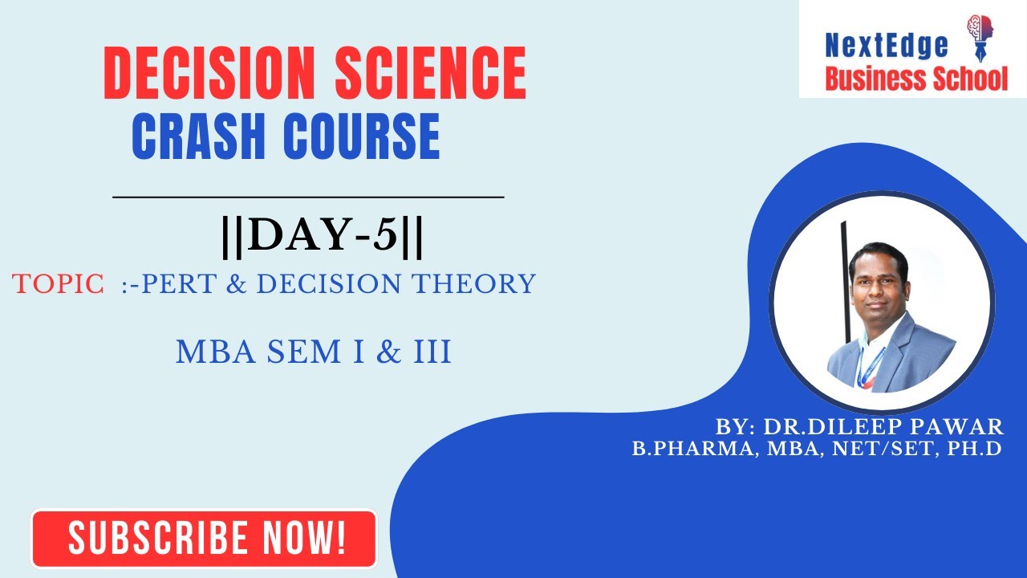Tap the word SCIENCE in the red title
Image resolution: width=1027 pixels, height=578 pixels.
pos(431,74)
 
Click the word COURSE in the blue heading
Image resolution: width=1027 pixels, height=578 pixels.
pos(362,136)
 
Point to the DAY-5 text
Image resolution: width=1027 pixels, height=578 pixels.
pos(322,237)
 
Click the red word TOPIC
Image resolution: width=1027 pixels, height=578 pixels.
pos(58,283)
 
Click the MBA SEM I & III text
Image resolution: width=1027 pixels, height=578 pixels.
pos(313,352)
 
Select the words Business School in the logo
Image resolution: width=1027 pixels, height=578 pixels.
pos(916,78)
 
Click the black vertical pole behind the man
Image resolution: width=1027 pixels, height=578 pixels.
pos(844,273)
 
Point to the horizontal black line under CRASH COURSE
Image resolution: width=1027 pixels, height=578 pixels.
pos(308,196)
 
